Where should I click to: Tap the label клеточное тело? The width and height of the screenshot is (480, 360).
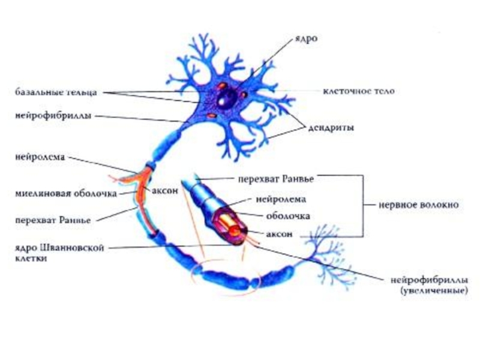[x=359, y=92]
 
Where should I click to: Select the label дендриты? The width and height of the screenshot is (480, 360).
[x=331, y=128]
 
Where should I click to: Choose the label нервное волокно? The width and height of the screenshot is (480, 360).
[x=418, y=205]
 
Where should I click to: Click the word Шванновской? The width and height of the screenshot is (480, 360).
[x=77, y=247]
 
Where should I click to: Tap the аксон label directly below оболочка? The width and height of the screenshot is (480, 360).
[x=279, y=233]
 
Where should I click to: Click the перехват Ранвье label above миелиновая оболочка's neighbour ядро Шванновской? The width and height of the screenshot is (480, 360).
[x=53, y=220]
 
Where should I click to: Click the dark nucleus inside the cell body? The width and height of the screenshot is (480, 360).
[x=226, y=97]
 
